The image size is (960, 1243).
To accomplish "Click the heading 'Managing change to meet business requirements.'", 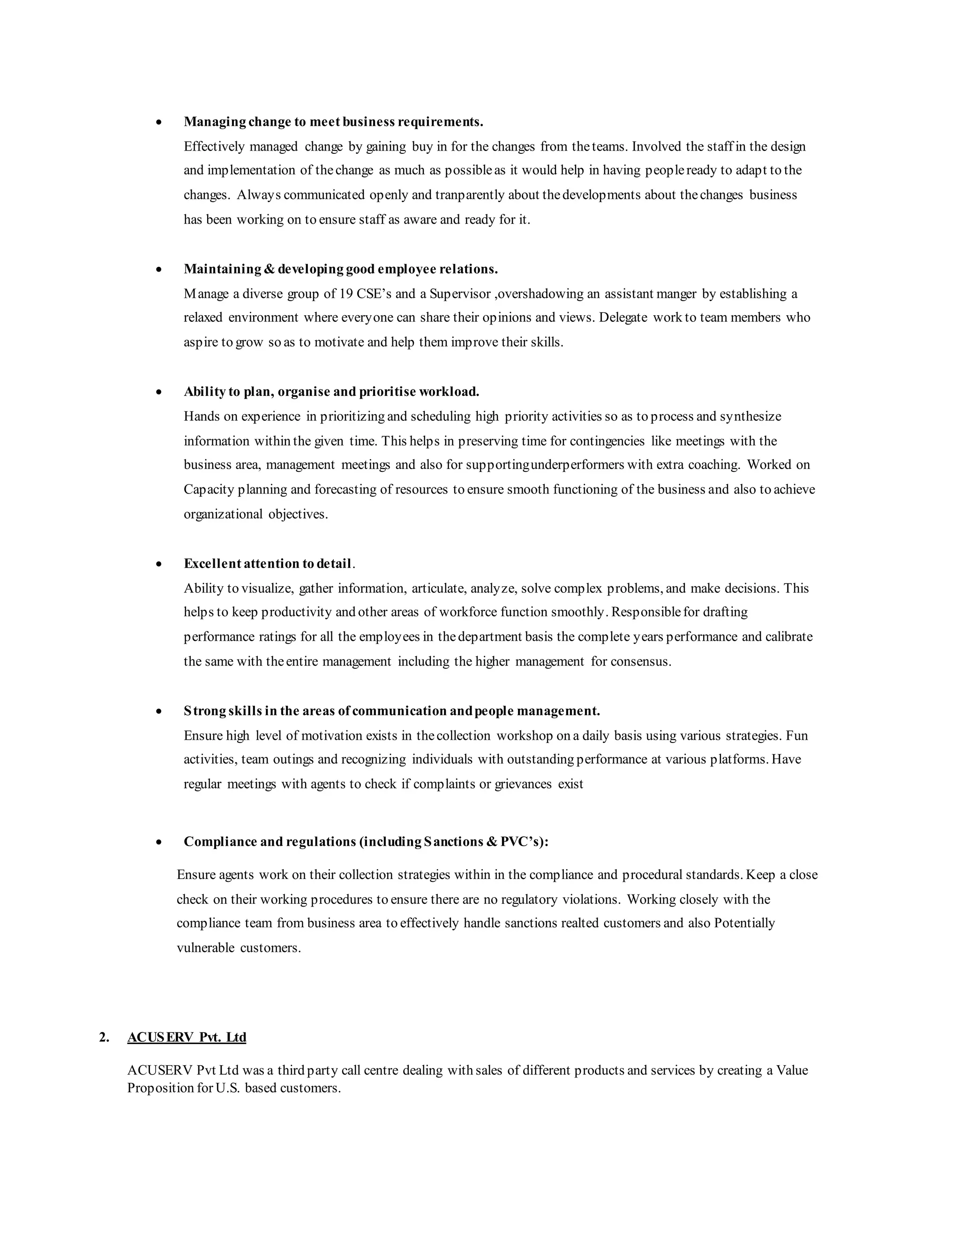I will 333,122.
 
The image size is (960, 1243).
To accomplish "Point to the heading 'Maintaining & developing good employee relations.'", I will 341,269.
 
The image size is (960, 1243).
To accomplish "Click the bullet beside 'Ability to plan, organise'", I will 159,392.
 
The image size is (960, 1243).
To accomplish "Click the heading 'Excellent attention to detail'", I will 267,563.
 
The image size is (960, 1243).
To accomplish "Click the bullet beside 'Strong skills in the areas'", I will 159,712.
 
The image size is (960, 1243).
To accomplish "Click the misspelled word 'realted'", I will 579,923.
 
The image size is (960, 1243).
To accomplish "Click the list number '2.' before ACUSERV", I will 104,1038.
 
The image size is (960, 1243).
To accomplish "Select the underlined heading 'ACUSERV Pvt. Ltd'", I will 187,1038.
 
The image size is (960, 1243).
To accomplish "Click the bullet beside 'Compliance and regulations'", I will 159,842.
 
